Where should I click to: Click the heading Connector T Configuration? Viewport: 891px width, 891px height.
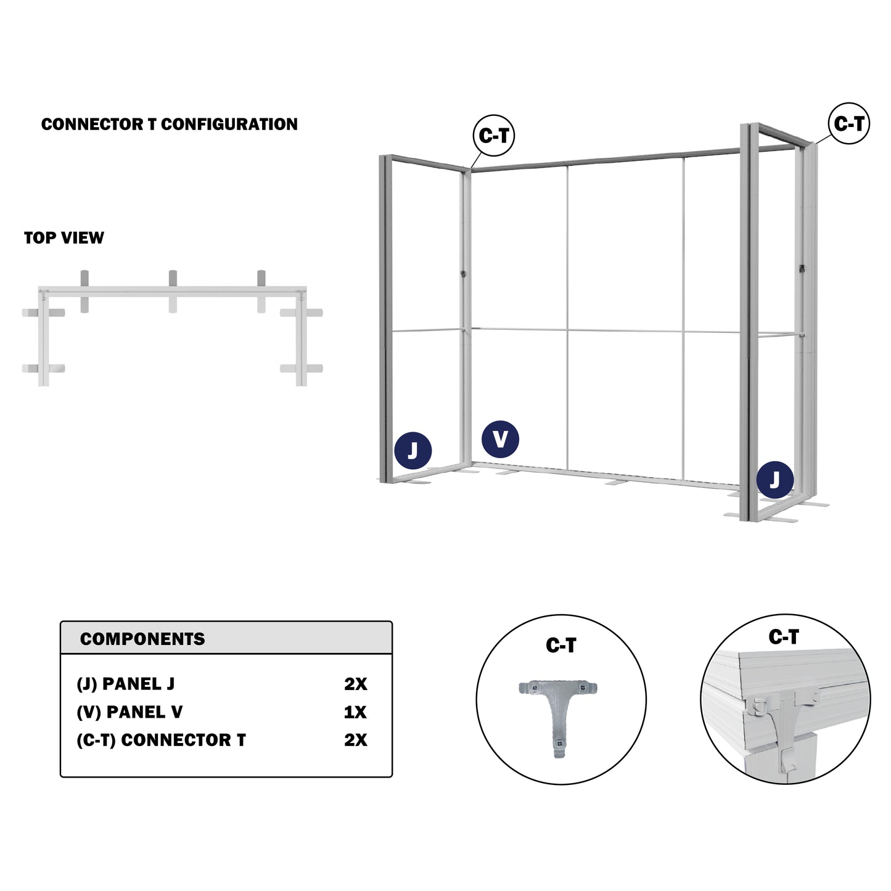click(x=169, y=125)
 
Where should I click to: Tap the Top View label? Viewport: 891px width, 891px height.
click(x=64, y=238)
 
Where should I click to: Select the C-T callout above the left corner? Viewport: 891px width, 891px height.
click(x=493, y=136)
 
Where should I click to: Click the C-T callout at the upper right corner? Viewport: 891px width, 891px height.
click(x=848, y=123)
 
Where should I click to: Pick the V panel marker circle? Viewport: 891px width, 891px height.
click(x=500, y=439)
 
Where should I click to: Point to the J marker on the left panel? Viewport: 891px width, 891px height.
click(x=413, y=450)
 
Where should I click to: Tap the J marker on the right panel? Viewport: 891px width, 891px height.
click(x=775, y=480)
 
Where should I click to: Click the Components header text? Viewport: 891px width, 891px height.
click(x=142, y=639)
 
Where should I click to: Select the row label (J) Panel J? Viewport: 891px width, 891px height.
click(x=126, y=684)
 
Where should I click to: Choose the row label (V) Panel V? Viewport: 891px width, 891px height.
click(x=129, y=712)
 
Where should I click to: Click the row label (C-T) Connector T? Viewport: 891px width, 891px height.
click(x=162, y=741)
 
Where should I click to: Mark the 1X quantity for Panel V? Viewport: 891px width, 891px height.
click(x=355, y=713)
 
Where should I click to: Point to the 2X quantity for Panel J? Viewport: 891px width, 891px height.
click(x=355, y=684)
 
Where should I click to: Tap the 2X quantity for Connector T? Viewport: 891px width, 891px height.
click(x=355, y=741)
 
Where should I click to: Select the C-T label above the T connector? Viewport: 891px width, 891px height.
click(x=561, y=646)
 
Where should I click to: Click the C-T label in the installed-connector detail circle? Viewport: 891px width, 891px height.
click(x=784, y=637)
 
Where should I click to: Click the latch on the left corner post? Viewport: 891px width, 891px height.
click(x=463, y=274)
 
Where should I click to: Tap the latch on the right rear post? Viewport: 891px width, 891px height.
click(x=802, y=268)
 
